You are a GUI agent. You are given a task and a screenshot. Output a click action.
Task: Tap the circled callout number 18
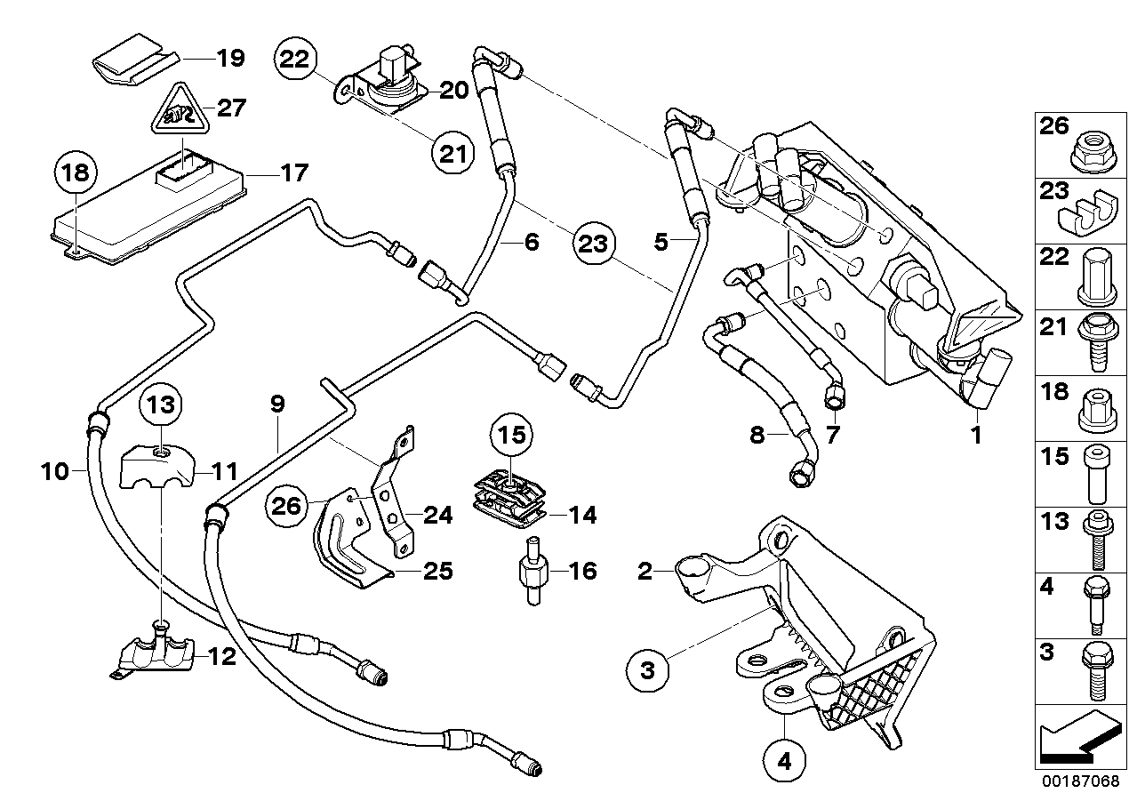pyautogui.click(x=77, y=173)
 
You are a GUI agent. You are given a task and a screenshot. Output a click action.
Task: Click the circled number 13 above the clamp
pyautogui.click(x=162, y=407)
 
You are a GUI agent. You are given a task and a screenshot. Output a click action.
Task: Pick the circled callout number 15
pyautogui.click(x=512, y=435)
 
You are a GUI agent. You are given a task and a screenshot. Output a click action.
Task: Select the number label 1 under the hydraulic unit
pyautogui.click(x=974, y=436)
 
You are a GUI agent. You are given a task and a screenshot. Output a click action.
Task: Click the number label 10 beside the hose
pyautogui.click(x=55, y=470)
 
